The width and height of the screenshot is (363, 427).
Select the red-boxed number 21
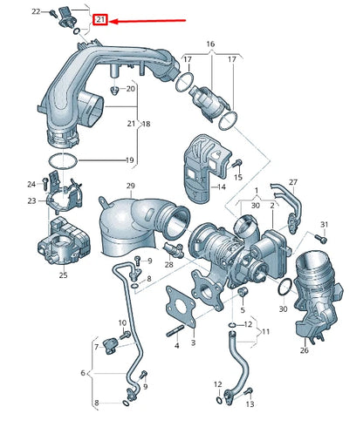[100, 19]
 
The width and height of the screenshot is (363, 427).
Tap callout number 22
[36, 11]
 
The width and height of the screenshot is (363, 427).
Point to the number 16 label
[209, 43]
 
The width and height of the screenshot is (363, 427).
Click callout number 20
[131, 89]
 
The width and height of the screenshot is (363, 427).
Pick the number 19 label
[129, 160]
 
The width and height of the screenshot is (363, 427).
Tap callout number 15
[236, 176]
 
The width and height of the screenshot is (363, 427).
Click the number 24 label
[31, 184]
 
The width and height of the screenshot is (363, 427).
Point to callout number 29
[130, 186]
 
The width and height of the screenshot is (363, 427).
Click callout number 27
[293, 182]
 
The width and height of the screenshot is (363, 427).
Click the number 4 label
[177, 345]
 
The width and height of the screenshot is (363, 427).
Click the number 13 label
[250, 405]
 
